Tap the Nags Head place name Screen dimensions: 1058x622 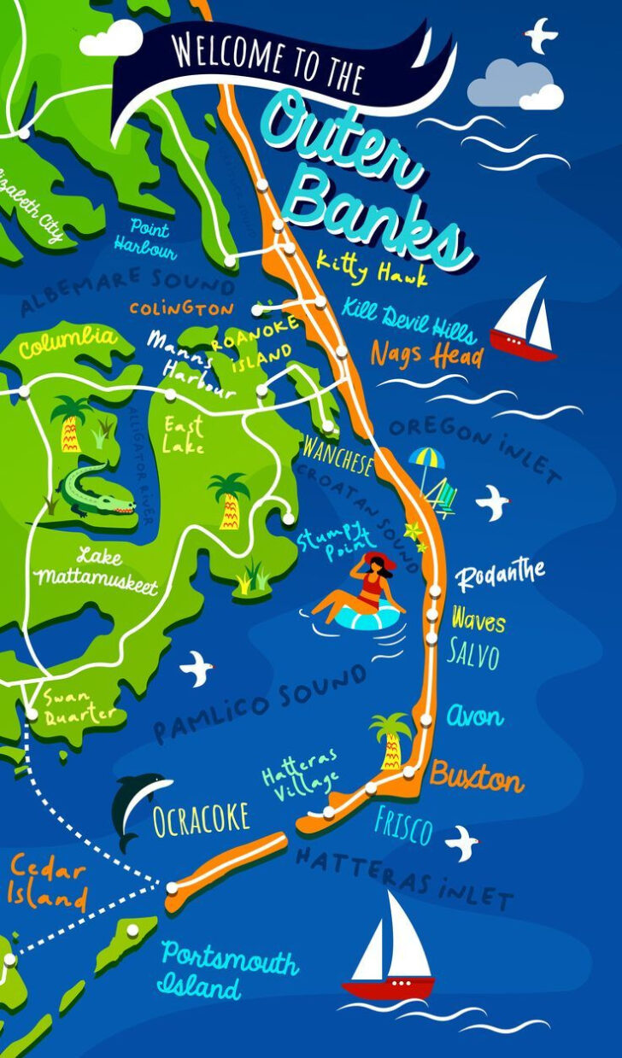(x=426, y=353)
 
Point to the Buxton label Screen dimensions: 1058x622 (x=476, y=778)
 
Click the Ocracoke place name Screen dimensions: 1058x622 (x=201, y=818)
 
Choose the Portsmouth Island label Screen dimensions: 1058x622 (x=228, y=972)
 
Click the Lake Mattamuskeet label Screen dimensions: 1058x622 (x=94, y=570)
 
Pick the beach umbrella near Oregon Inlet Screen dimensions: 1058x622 (x=426, y=461)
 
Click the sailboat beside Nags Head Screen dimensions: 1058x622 (x=525, y=320)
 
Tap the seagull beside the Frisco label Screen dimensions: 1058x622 (x=462, y=842)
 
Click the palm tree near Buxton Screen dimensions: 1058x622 (x=390, y=739)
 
